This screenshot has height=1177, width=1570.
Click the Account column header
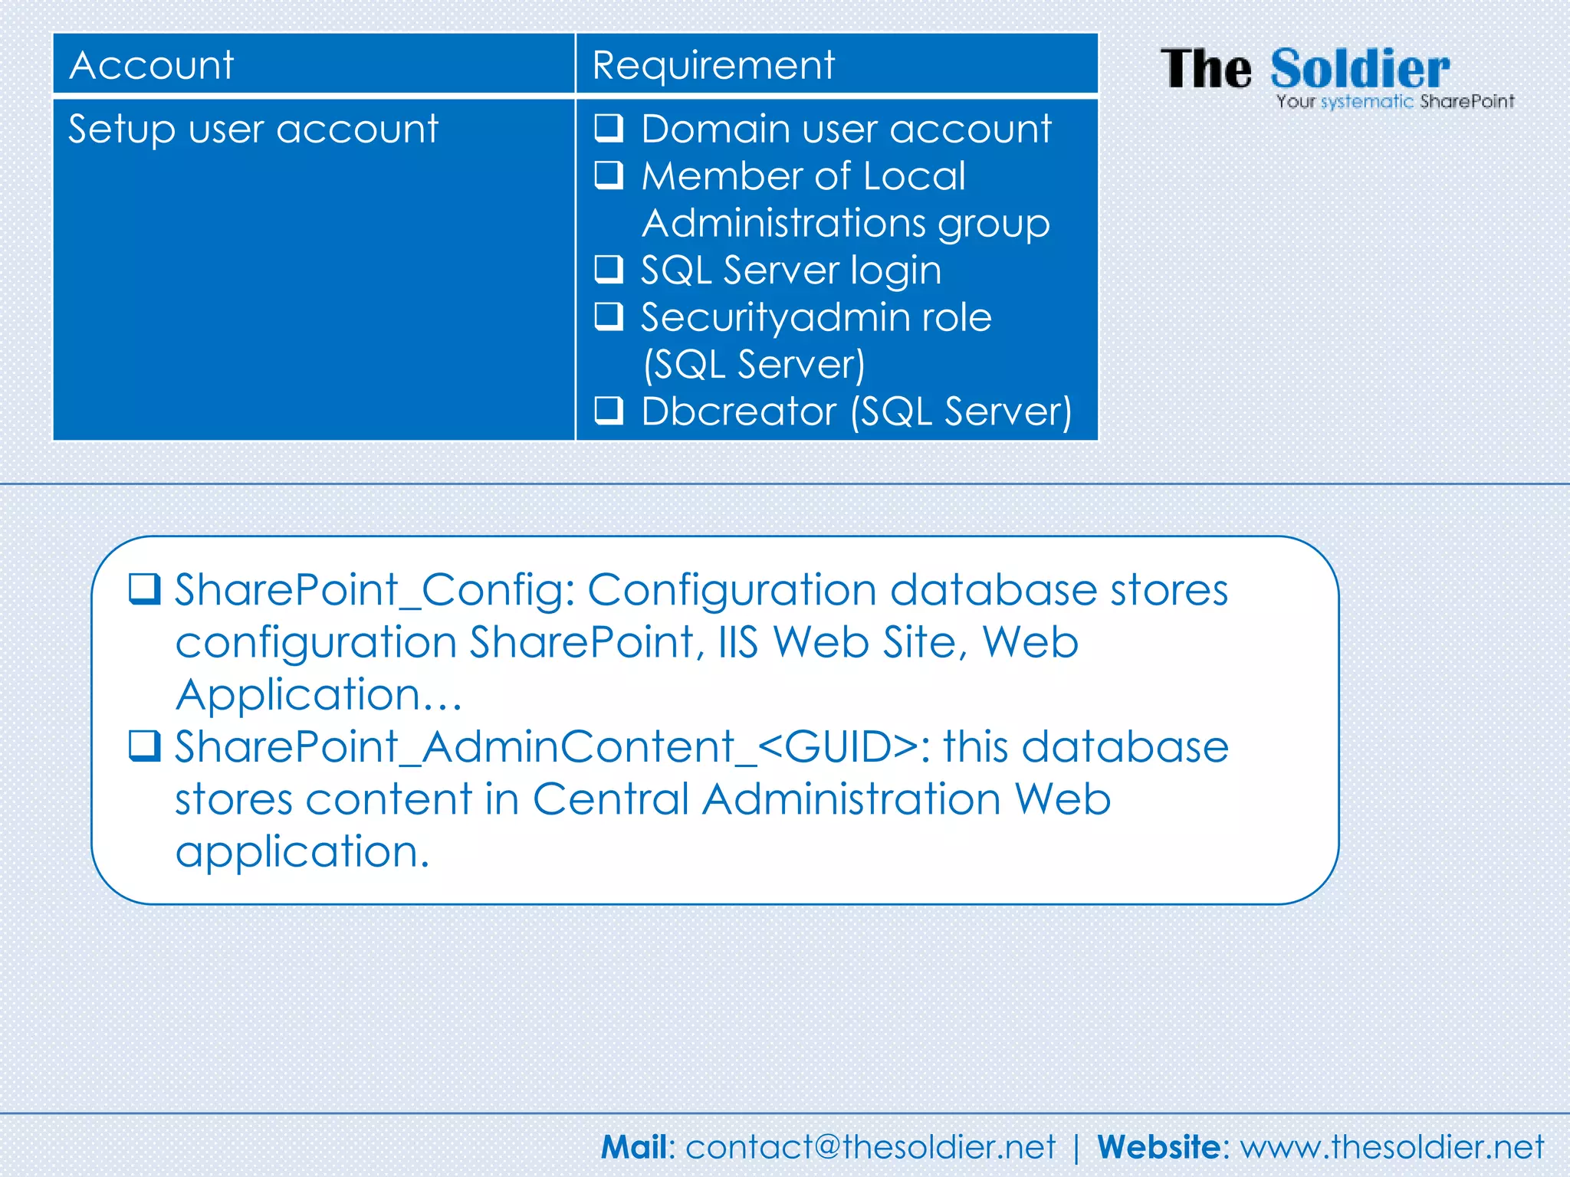tap(152, 65)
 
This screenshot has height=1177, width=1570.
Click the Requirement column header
tap(713, 65)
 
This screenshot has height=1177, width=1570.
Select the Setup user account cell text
tap(253, 129)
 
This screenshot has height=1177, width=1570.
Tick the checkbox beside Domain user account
tap(609, 128)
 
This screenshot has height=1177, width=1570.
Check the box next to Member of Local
tap(609, 175)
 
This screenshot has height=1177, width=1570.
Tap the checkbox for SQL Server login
tap(609, 269)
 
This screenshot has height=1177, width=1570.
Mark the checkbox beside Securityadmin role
tap(609, 316)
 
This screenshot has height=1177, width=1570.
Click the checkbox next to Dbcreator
tap(609, 410)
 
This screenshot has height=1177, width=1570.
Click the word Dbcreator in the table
tap(738, 411)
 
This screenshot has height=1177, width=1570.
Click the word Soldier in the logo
tap(1360, 69)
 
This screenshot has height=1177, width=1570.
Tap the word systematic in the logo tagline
tap(1367, 102)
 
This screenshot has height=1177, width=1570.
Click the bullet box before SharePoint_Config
tap(144, 589)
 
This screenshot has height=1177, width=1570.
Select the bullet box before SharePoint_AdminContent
tap(144, 746)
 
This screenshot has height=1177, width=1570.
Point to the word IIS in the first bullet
tap(738, 642)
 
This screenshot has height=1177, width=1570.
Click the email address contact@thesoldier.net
tap(870, 1147)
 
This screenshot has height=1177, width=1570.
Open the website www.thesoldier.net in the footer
tap(1392, 1147)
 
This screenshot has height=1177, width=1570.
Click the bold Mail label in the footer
tap(635, 1147)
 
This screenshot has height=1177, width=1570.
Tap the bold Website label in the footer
tap(1158, 1147)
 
